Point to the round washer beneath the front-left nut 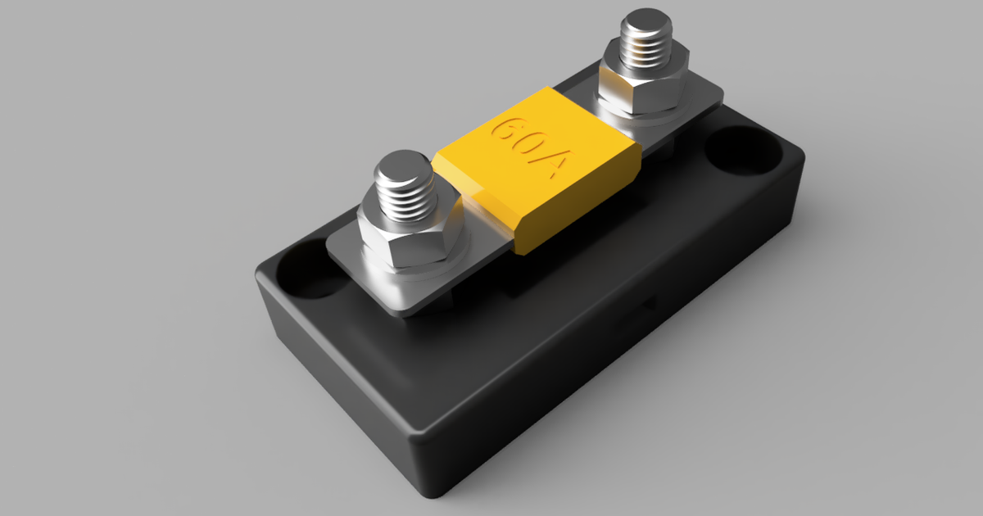410,283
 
